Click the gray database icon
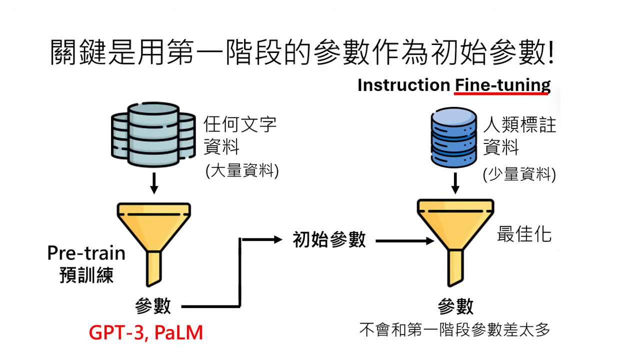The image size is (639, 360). [153, 133]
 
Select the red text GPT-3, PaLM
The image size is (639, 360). [146, 332]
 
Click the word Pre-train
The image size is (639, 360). [86, 253]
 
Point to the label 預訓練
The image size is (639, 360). [86, 275]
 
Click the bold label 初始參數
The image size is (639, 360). [329, 240]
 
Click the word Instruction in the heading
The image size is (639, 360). [403, 85]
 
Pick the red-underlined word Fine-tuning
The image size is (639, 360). [502, 85]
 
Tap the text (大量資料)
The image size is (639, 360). [241, 171]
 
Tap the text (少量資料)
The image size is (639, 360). [519, 174]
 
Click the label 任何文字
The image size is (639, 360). [240, 124]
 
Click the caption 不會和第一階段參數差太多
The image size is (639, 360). [454, 330]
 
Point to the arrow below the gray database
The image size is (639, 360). [154, 183]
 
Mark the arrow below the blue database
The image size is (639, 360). [455, 183]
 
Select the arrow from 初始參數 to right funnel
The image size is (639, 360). [405, 241]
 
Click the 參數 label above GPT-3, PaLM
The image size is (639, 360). [153, 306]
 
